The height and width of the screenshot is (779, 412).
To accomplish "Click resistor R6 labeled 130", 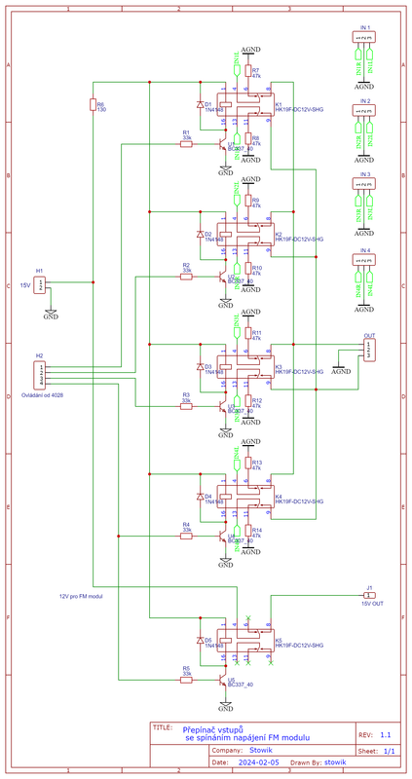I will pyautogui.click(x=94, y=105).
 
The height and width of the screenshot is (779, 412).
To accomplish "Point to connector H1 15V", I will pyautogui.click(x=40, y=284).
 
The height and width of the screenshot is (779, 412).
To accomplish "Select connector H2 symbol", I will pyautogui.click(x=40, y=374).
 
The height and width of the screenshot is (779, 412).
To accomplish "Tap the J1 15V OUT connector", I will pyautogui.click(x=369, y=595).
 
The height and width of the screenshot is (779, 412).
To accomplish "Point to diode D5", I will pyautogui.click(x=202, y=642).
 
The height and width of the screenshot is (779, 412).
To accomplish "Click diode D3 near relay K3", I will pyautogui.click(x=202, y=369).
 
